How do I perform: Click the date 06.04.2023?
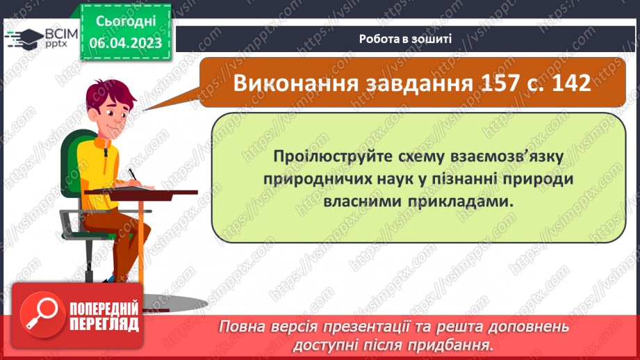(x=125, y=42)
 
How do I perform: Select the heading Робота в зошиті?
(x=406, y=38)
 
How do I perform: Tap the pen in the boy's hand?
(x=133, y=174)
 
